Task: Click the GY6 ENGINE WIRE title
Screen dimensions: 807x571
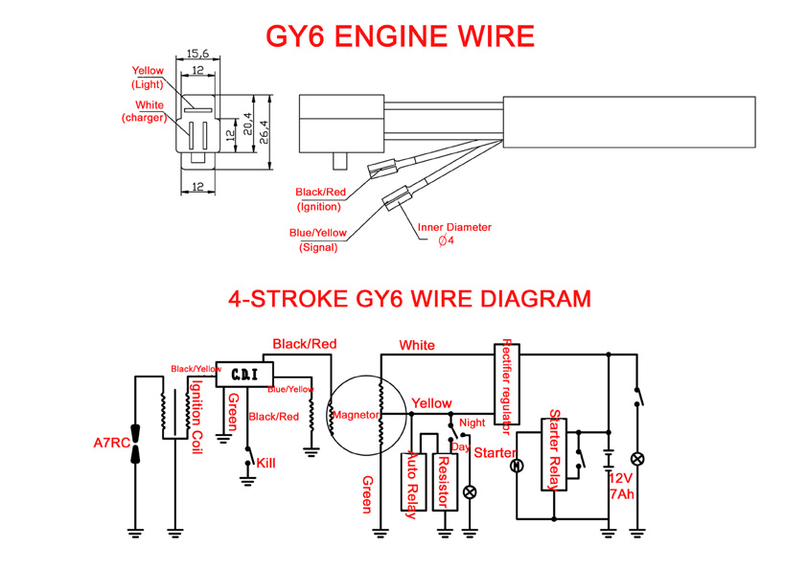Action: pos(400,36)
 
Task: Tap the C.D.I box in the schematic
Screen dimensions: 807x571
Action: pos(244,374)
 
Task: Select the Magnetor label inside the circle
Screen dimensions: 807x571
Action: pos(356,415)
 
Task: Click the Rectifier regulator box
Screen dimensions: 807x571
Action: pos(506,384)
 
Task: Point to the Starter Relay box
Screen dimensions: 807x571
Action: pos(554,454)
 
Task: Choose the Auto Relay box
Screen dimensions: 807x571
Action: pos(413,482)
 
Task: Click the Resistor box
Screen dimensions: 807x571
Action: pos(445,482)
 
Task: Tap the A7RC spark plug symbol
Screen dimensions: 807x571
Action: pos(135,444)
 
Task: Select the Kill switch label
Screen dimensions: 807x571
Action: pos(265,463)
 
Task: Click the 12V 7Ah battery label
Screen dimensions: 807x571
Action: pos(622,486)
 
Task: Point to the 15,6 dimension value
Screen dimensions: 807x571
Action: pos(197,53)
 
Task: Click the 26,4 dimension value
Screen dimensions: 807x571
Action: pos(264,131)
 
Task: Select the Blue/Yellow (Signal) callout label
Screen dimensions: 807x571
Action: pos(318,240)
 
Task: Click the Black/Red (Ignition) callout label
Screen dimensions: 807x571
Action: pos(320,199)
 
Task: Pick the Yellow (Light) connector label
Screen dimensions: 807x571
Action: pos(148,78)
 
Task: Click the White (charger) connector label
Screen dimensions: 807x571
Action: pos(145,111)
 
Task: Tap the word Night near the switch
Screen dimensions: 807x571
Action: pos(472,423)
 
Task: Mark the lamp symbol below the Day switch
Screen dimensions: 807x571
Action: pos(470,492)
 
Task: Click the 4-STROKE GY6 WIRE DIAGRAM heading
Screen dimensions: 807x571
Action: pos(409,299)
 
